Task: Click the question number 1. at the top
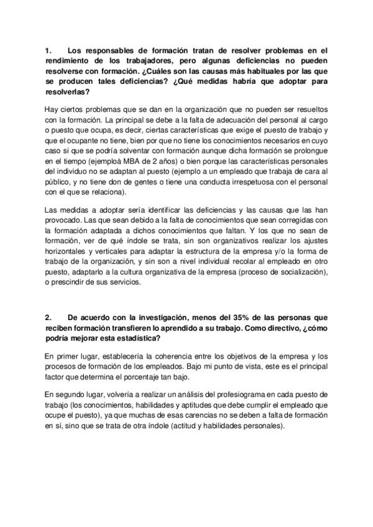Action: (x=48, y=51)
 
